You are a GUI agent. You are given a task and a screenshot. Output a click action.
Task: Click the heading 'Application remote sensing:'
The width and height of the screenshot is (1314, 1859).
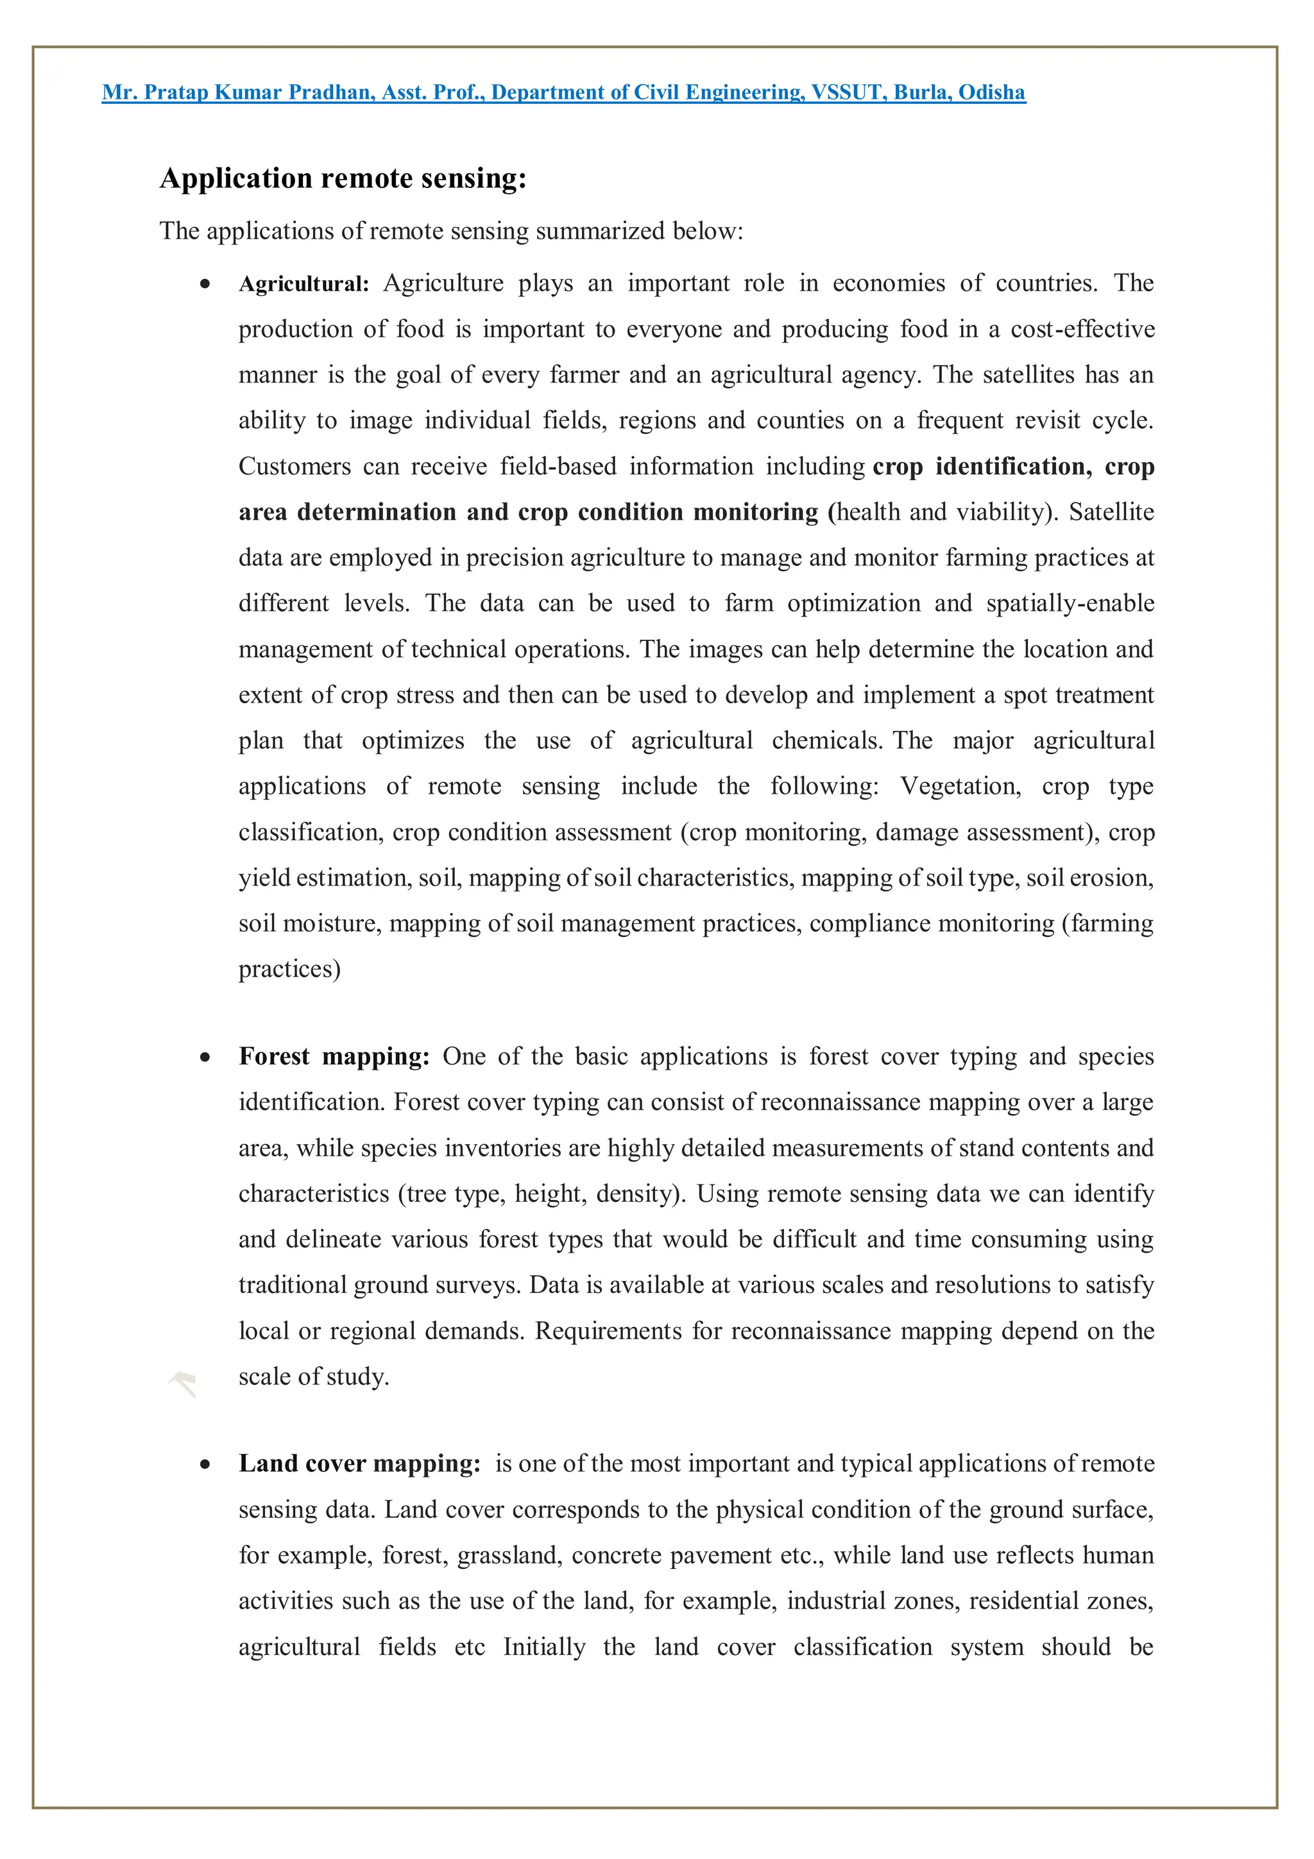click(343, 178)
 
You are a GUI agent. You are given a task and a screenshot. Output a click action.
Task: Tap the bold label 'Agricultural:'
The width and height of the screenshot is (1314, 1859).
click(303, 284)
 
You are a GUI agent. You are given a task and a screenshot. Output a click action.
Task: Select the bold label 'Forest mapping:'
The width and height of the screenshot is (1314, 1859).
click(334, 1057)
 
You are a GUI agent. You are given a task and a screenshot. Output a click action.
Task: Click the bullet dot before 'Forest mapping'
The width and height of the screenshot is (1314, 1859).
click(206, 1058)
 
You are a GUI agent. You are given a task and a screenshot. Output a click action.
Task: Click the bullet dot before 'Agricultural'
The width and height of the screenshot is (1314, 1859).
click(206, 284)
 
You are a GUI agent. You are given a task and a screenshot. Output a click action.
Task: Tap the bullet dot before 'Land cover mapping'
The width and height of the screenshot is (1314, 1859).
click(206, 1465)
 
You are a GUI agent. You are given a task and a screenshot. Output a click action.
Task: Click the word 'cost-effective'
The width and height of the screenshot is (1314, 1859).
click(1082, 330)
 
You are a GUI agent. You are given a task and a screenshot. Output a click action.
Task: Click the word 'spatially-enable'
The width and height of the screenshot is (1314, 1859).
click(1070, 603)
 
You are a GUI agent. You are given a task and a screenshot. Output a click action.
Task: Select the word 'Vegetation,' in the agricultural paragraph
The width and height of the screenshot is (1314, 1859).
click(960, 786)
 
